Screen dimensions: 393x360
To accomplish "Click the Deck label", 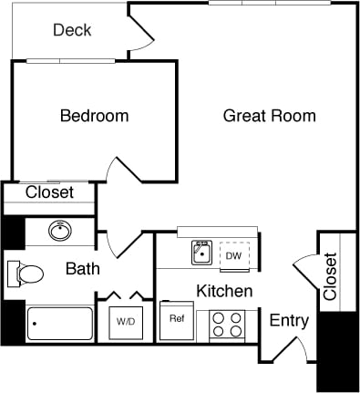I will click(72, 30).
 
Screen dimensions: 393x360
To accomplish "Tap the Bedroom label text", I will click(94, 116).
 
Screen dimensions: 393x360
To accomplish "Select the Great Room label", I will click(270, 116).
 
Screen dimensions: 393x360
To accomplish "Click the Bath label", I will click(82, 269).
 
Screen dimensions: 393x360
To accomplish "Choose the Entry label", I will click(289, 321).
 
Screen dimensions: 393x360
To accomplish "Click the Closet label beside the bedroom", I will click(49, 192).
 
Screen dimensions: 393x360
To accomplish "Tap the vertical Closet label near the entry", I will click(330, 275).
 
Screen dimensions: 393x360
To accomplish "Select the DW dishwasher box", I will click(234, 255).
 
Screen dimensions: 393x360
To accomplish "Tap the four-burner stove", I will click(227, 323).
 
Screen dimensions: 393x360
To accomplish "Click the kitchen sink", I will click(202, 253).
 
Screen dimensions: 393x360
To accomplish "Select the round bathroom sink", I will click(61, 231).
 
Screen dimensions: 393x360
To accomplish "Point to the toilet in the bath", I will click(26, 273).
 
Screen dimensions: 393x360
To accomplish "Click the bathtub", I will click(60, 323).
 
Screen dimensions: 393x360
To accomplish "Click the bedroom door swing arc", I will click(120, 171).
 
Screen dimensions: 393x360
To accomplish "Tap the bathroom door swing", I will click(121, 239).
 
